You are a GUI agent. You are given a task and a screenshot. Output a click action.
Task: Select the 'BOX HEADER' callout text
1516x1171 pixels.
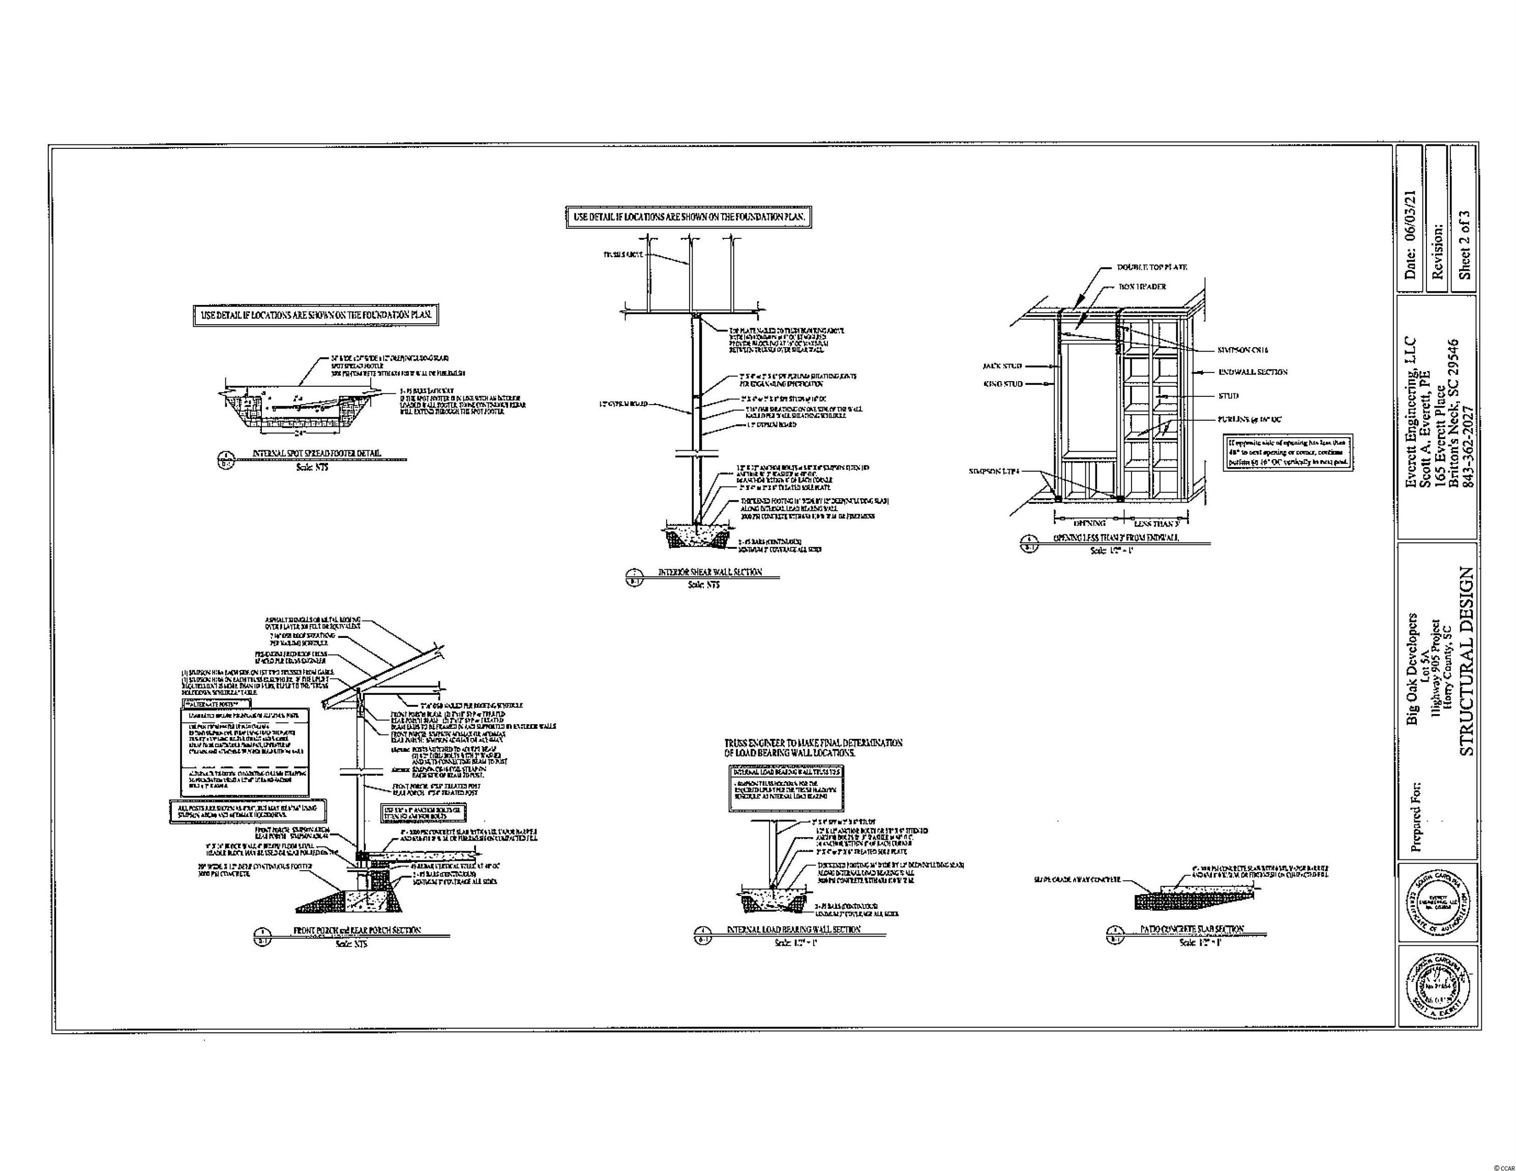point(1142,287)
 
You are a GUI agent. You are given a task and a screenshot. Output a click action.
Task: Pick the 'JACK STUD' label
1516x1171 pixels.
point(1002,365)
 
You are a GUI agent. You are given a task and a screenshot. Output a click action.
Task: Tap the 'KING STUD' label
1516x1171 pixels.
point(1002,384)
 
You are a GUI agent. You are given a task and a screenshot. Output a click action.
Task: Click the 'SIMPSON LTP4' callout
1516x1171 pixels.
point(995,471)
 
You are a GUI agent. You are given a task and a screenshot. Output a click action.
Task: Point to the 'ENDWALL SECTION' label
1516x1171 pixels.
point(1253,372)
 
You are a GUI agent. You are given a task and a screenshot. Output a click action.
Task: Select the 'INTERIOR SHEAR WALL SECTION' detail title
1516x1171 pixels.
point(709,572)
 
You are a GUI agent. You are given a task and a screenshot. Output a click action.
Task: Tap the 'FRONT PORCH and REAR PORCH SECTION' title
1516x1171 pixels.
point(357,930)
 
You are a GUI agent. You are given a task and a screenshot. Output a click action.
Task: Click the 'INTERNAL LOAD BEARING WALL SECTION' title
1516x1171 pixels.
point(793,929)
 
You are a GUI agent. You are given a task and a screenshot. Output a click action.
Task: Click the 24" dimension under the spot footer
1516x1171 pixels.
point(300,432)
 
